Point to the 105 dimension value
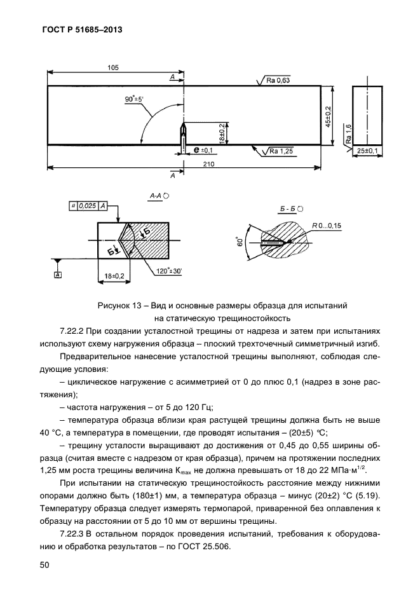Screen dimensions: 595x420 [x=114, y=68]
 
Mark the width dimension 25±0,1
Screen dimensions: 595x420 [x=367, y=151]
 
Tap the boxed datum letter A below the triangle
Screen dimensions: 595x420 [x=58, y=275]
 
